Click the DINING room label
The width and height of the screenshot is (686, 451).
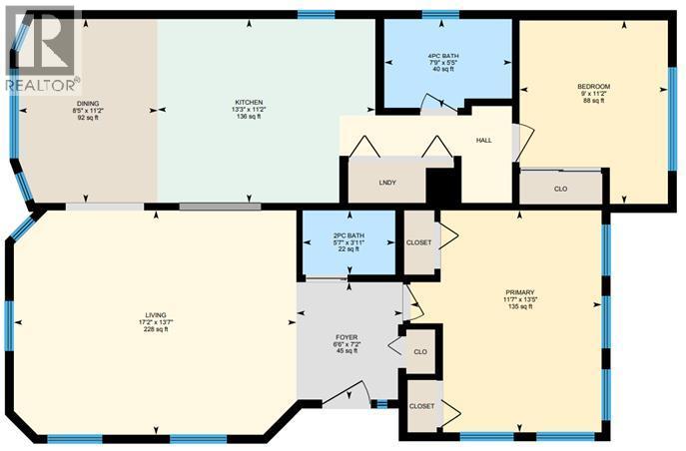(88, 102)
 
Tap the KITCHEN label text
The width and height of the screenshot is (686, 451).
(248, 102)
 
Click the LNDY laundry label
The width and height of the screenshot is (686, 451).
(388, 183)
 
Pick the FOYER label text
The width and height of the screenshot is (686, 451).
(346, 341)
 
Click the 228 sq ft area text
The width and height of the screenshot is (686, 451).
(153, 330)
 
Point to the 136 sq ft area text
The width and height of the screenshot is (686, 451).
(248, 117)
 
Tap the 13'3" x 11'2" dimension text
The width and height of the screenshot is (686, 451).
(248, 110)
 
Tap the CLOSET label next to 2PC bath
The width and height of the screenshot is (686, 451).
(418, 242)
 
